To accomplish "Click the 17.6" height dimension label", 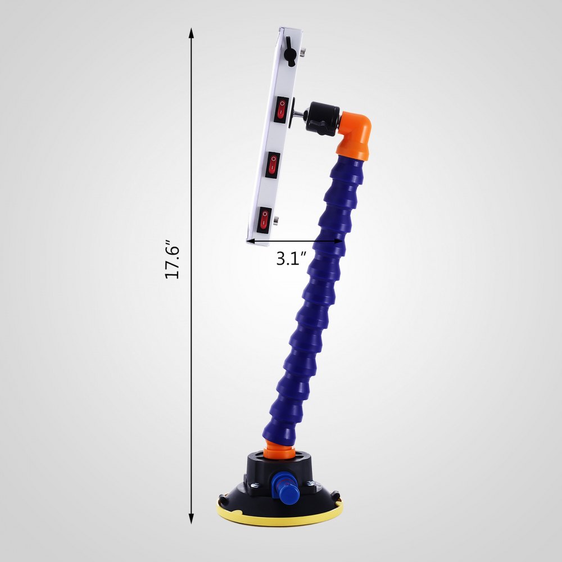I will point(171,261).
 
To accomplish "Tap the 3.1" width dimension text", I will point(291,259).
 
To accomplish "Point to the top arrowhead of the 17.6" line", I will point(191,34).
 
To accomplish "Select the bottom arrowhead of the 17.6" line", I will point(191,519).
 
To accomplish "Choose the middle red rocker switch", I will point(273,164).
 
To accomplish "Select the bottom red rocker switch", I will point(265,219).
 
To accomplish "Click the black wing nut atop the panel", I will point(289,53).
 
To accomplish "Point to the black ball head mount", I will point(323,116).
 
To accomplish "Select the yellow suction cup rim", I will point(279,514).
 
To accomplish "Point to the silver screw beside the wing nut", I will point(302,52).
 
